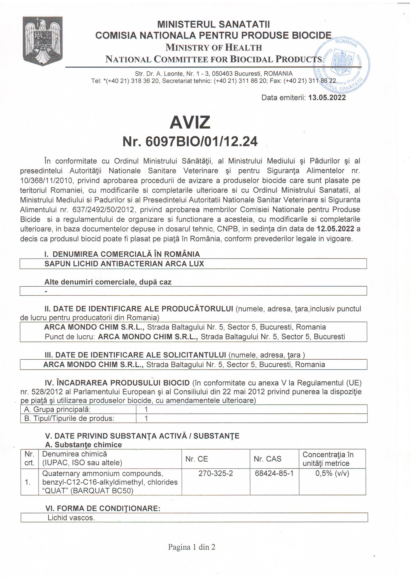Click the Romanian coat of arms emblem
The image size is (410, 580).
click(42, 39)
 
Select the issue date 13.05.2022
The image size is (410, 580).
click(327, 98)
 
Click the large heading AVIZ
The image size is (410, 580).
click(190, 122)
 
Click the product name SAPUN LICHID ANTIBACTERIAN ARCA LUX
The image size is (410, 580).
click(124, 264)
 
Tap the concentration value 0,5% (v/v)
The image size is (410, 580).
click(332, 473)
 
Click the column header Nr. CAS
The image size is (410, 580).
click(266, 459)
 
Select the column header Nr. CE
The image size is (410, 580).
click(197, 459)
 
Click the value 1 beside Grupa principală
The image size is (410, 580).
click(146, 409)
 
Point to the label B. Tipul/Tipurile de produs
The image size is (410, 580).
click(69, 418)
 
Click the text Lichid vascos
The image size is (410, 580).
click(71, 518)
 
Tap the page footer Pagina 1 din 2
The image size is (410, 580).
click(192, 547)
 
